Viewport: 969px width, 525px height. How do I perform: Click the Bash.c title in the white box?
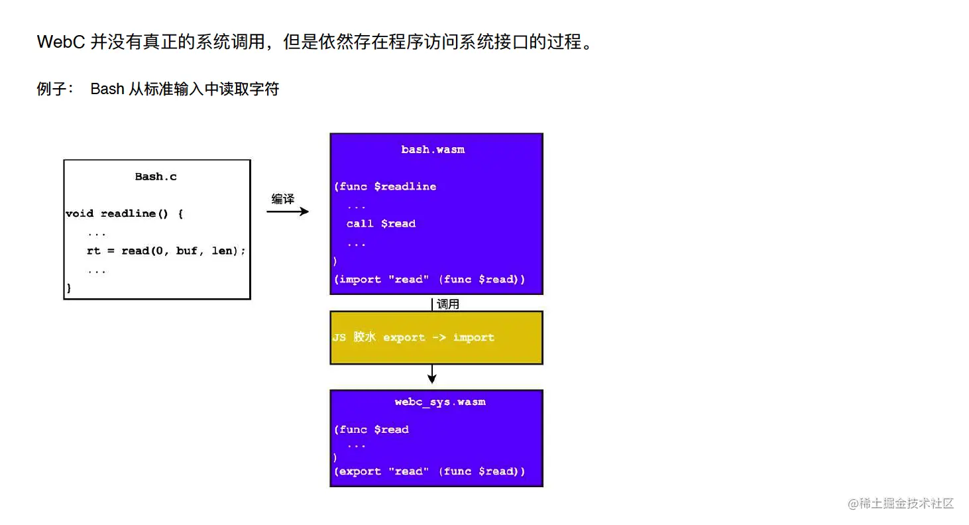[156, 176]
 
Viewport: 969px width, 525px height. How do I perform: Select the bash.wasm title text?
[433, 150]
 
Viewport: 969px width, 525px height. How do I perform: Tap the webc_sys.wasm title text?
[439, 402]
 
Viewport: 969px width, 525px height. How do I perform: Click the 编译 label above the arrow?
[283, 199]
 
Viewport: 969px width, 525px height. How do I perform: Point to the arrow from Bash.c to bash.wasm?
[288, 211]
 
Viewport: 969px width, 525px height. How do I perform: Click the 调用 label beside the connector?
[448, 304]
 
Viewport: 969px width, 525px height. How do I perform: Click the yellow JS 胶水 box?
[436, 337]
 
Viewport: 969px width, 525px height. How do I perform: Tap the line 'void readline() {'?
[124, 213]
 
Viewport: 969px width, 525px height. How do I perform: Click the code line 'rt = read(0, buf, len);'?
[166, 251]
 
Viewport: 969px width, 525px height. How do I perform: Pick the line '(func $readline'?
[384, 186]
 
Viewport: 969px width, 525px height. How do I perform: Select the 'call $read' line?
[380, 223]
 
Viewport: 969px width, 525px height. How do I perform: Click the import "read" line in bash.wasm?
[429, 279]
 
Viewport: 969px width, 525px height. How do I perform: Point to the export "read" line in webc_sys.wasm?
[429, 471]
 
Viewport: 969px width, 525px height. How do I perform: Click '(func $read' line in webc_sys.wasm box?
[371, 430]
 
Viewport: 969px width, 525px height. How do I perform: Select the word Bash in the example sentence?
[107, 89]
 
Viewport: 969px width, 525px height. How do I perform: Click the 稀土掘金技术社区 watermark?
[906, 503]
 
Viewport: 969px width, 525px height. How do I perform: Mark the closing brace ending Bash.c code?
[68, 288]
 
